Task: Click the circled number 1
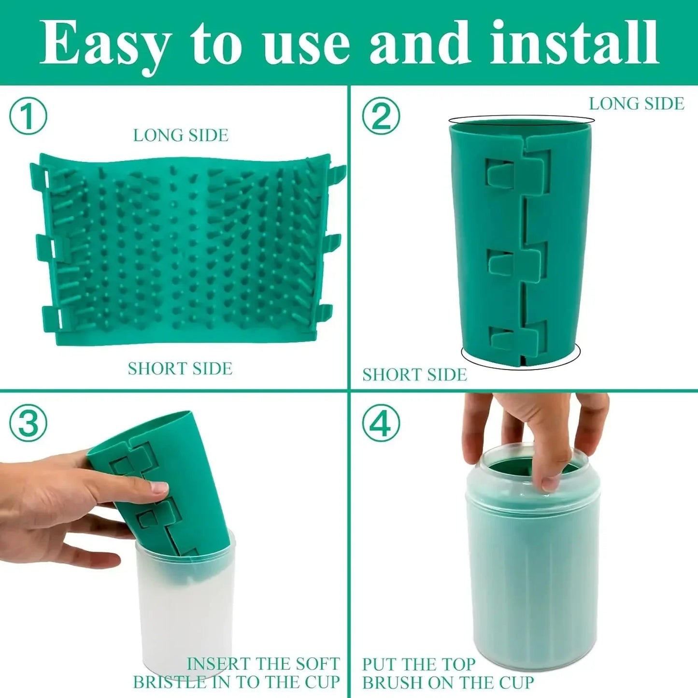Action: (x=28, y=116)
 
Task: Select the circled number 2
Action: (x=381, y=116)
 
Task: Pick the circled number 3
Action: (x=28, y=423)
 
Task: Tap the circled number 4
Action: (x=381, y=423)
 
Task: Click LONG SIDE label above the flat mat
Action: (x=181, y=135)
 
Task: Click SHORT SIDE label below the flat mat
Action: (x=180, y=369)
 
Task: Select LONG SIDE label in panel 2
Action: (x=636, y=103)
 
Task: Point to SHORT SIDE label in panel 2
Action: (x=414, y=375)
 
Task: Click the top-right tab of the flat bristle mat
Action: (x=338, y=171)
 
